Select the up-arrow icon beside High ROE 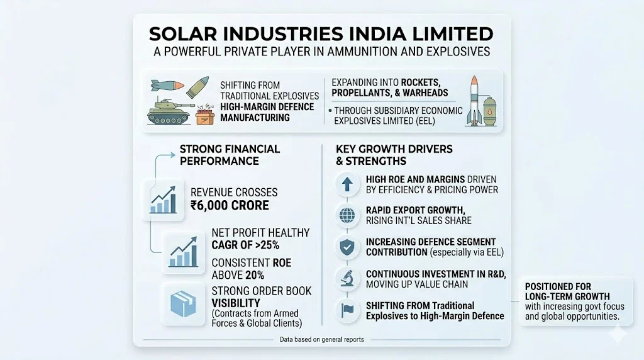click(347, 184)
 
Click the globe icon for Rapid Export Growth click(347, 215)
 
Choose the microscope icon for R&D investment click(347, 279)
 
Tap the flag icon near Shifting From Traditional click(347, 310)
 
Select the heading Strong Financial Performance click(230, 155)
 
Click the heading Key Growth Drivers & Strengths click(394, 155)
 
